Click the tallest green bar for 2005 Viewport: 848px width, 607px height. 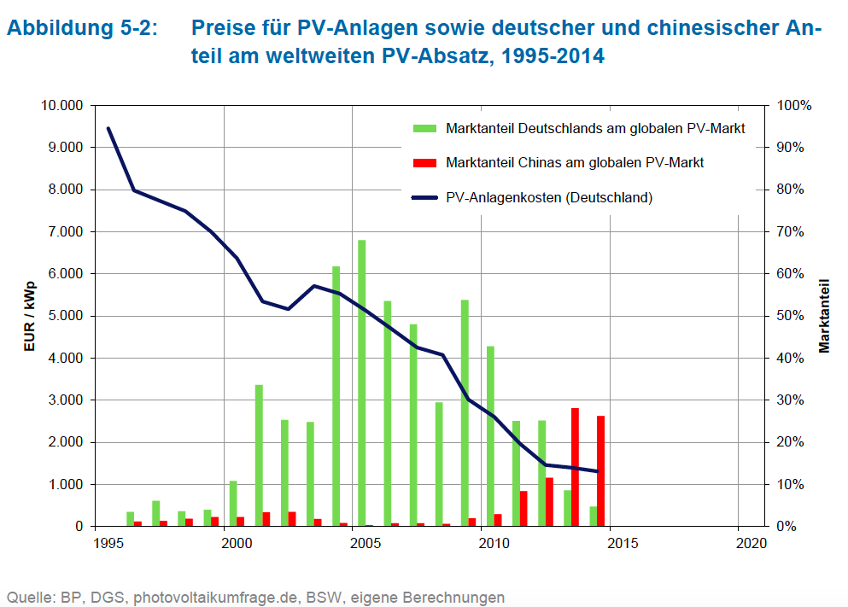point(362,384)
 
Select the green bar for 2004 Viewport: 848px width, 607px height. point(336,397)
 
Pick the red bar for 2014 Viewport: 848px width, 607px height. point(601,471)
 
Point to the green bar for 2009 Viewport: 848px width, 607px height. point(465,413)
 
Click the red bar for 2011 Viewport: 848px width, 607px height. point(523,509)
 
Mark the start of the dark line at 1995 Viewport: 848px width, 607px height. point(108,128)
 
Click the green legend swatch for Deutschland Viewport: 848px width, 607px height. point(424,129)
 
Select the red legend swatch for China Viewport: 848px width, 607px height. point(424,162)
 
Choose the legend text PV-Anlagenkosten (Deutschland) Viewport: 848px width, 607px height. point(549,197)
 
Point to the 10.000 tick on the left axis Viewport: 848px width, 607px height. point(61,106)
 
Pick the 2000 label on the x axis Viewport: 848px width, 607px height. point(225,543)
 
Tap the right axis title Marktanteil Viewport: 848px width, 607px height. point(825,316)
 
